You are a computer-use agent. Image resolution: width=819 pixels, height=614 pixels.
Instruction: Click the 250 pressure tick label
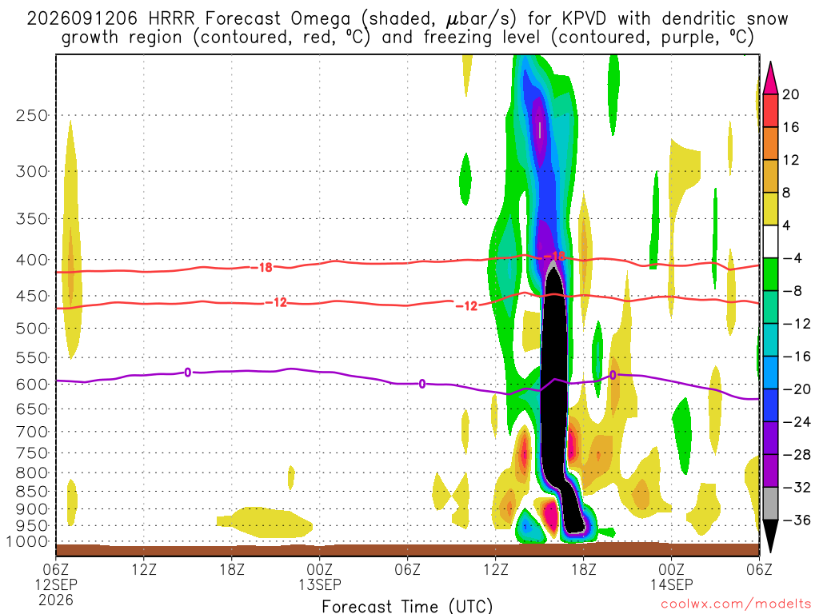[32, 115]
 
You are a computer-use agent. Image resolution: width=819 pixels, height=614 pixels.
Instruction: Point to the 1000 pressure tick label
[27, 542]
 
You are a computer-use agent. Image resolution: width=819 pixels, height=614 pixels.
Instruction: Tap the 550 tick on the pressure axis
[32, 357]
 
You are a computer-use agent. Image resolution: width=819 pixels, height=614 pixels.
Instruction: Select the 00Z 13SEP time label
[320, 576]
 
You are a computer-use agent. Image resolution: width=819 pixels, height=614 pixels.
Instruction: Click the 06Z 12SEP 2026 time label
[56, 584]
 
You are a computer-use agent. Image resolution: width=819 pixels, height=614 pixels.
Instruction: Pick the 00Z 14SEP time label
[671, 576]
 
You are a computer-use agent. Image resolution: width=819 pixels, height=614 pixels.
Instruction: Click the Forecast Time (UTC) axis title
[407, 606]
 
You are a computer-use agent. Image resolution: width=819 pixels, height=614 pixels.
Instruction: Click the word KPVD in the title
[584, 19]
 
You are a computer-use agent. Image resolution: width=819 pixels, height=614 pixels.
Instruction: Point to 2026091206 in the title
[82, 19]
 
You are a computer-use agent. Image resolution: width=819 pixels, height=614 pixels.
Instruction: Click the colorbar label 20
[790, 94]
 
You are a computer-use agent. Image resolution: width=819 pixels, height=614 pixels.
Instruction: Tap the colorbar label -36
[796, 520]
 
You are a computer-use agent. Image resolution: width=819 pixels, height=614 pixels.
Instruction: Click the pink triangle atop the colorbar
[770, 78]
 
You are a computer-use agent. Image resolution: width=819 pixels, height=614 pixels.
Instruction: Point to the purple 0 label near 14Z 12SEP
[187, 373]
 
